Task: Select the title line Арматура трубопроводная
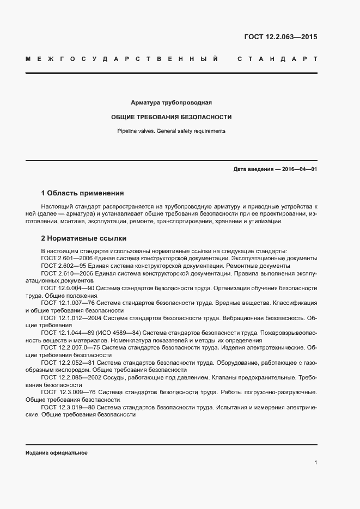click(x=172, y=102)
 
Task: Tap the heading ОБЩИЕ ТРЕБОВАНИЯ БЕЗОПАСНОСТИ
click(x=172, y=117)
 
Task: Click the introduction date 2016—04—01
click(x=299, y=169)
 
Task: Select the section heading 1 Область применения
click(x=82, y=193)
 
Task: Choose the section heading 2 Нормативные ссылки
click(x=84, y=238)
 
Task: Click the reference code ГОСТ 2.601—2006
click(x=64, y=258)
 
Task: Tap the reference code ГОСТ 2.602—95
click(x=60, y=266)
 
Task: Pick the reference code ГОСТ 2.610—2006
click(x=64, y=273)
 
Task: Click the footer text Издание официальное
click(x=56, y=453)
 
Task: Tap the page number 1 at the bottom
click(x=315, y=463)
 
